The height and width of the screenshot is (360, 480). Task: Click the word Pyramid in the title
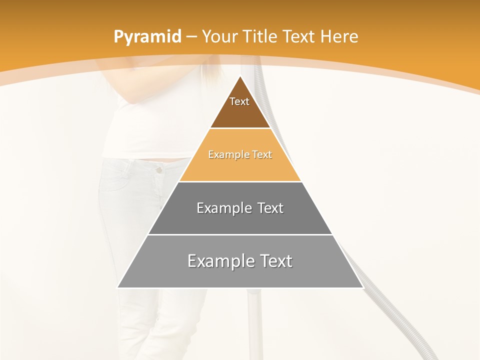[x=146, y=37]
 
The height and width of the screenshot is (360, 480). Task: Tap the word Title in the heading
[x=261, y=36]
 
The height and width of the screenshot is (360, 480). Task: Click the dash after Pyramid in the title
[x=191, y=37]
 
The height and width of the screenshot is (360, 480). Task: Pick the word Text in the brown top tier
[x=239, y=101]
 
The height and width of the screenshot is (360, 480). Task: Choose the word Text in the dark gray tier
[x=270, y=208]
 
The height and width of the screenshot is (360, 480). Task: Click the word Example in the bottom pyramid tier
[x=219, y=261]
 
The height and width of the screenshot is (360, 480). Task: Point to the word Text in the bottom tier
[x=276, y=261]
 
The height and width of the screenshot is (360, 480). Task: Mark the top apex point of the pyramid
[x=240, y=76]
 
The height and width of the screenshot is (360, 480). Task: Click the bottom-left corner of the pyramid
[x=117, y=287]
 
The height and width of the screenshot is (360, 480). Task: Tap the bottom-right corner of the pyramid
[x=363, y=287]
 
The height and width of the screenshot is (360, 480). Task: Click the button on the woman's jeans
[x=159, y=170]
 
